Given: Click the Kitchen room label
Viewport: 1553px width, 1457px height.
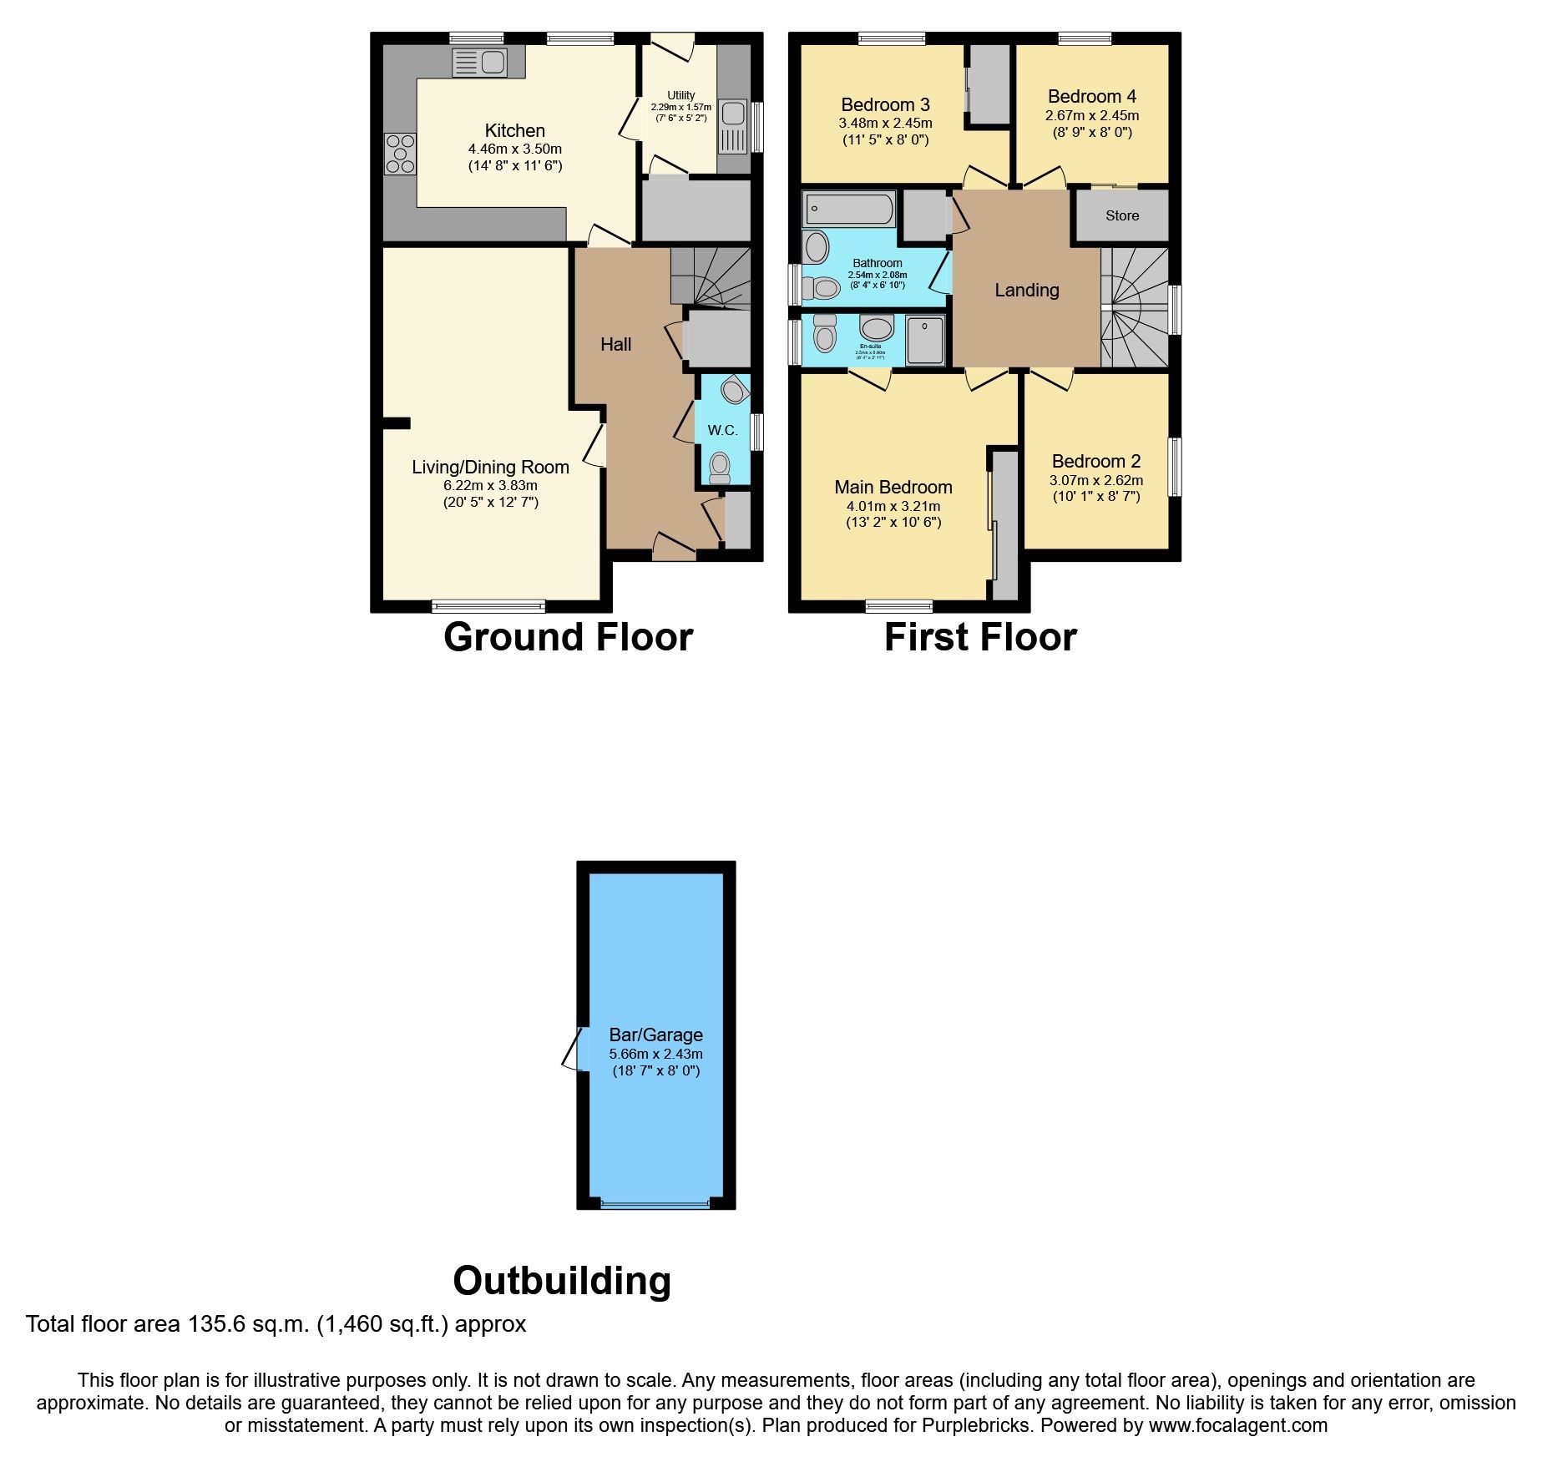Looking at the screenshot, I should (x=514, y=131).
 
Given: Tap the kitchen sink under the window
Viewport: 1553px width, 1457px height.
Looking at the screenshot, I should (x=480, y=63).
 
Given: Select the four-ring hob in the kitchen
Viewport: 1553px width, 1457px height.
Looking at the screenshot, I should (x=401, y=154).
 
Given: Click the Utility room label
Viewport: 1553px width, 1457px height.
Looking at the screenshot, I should (x=680, y=95).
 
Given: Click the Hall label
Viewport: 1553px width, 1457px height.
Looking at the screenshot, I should (x=616, y=344).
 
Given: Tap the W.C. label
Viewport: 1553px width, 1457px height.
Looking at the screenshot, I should (x=722, y=430).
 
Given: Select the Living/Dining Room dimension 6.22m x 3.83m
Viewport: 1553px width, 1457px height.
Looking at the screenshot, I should (x=490, y=485).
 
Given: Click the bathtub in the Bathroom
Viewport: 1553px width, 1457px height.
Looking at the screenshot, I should (x=848, y=209).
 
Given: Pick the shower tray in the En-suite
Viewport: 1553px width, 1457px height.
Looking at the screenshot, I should (x=925, y=341).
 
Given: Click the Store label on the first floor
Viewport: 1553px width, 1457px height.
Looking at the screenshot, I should (x=1122, y=215).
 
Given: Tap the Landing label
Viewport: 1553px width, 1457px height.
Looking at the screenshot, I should (x=1026, y=290).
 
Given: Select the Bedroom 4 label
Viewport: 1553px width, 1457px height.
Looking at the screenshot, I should (x=1091, y=97).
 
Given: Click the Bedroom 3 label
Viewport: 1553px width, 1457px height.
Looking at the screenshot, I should (x=885, y=105).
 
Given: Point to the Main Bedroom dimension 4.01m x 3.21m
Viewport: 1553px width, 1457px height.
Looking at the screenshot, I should (x=893, y=506).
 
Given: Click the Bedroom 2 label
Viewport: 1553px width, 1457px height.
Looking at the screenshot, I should (x=1095, y=462).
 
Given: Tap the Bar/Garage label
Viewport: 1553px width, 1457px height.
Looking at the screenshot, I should (x=655, y=1035).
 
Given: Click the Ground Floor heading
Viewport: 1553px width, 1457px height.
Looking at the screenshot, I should (x=568, y=637).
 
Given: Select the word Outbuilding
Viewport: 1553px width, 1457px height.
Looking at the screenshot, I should (x=562, y=1280).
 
